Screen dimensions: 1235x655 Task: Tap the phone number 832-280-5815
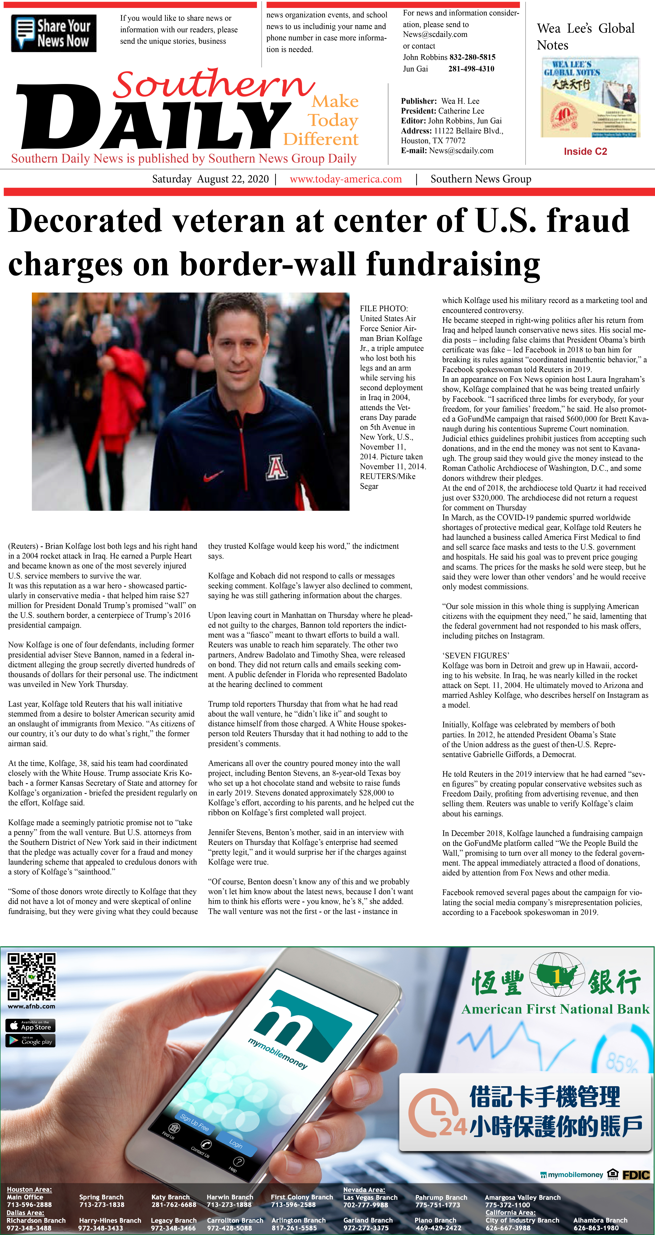click(x=472, y=57)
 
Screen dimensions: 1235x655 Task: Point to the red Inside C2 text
click(x=585, y=152)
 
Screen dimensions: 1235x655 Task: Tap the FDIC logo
click(x=636, y=1175)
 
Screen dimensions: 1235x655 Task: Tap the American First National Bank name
click(x=555, y=1009)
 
